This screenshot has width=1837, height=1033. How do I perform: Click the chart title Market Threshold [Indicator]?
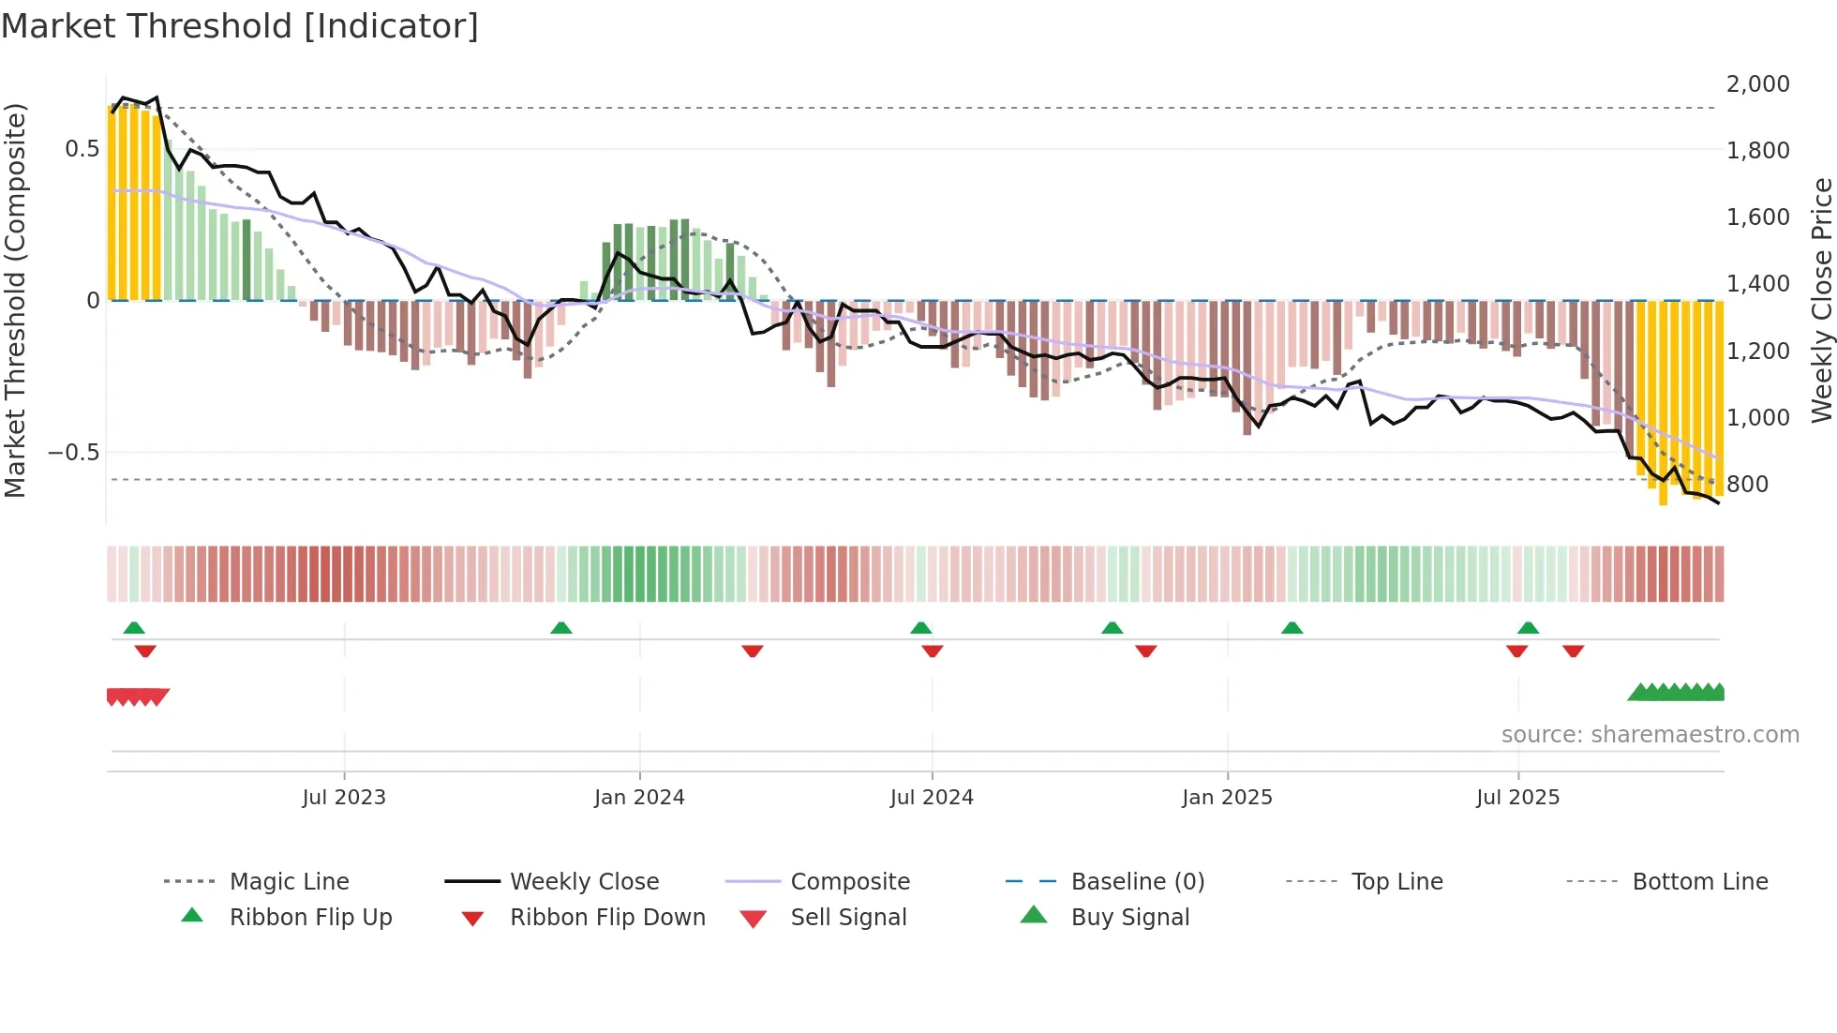(240, 26)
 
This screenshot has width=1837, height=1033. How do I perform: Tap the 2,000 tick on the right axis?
(1757, 84)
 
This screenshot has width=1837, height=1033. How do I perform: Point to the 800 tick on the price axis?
(1747, 485)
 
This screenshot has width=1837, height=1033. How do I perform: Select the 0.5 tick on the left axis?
(82, 149)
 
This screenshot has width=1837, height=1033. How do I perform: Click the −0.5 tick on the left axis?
(74, 453)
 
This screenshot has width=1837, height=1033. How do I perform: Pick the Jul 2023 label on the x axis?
(344, 798)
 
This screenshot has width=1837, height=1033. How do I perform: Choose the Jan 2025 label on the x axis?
(1227, 798)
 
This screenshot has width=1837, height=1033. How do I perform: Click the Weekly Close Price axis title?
(1821, 300)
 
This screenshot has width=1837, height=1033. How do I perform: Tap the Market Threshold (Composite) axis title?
(15, 300)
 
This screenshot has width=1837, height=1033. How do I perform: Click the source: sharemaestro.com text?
(1650, 735)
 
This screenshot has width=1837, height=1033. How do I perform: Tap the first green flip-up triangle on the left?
(134, 628)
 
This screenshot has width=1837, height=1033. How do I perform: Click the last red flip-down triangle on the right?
(1573, 651)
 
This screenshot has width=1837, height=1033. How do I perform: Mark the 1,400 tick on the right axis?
(1757, 284)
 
